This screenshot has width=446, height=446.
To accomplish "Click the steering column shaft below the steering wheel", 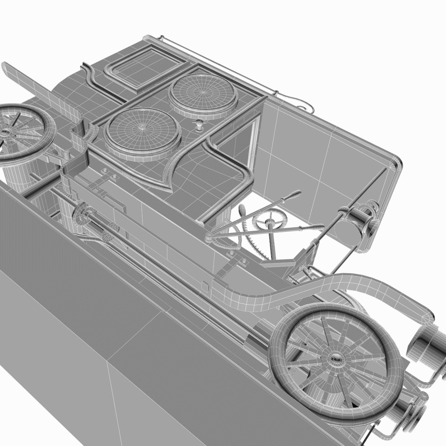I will click(272, 244).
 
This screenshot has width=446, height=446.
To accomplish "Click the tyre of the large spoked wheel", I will click(281, 355).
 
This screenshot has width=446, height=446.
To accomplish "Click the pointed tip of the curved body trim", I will click(170, 190).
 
